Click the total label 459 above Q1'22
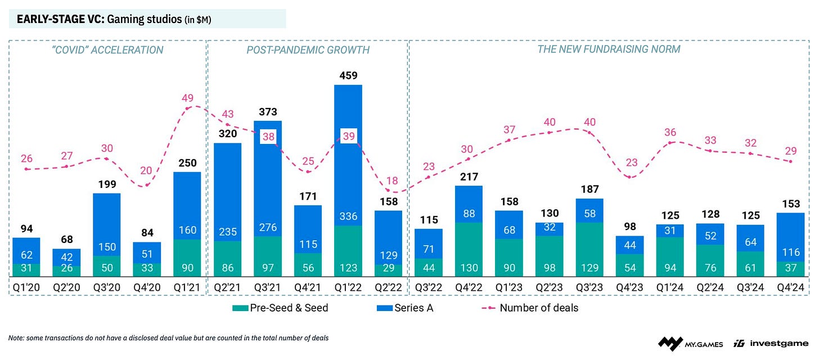(348, 75)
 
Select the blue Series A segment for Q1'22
(348, 169)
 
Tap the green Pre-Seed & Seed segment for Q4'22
(469, 249)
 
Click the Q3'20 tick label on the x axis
(107, 287)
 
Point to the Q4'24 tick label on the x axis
(790, 287)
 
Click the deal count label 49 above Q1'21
(187, 97)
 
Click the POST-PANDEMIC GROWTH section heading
(308, 50)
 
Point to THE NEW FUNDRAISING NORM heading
(609, 49)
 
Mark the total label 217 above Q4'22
(469, 176)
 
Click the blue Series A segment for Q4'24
(790, 236)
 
